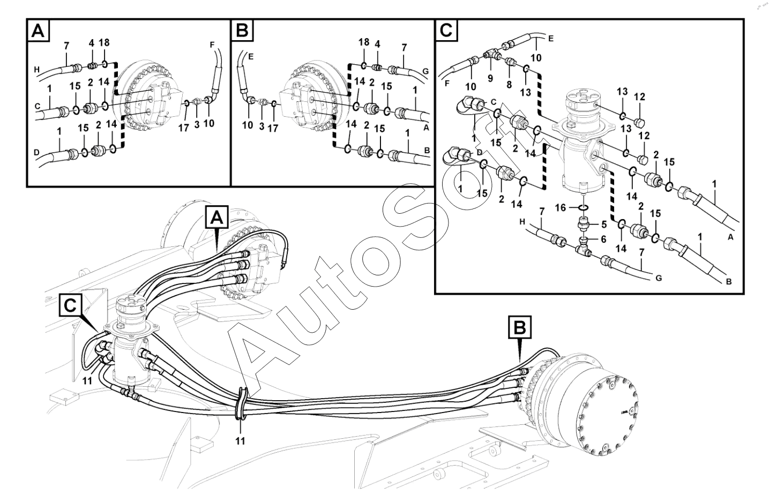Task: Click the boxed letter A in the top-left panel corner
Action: tap(38, 31)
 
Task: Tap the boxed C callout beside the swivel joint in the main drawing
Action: tap(71, 304)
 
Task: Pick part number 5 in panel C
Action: tap(603, 224)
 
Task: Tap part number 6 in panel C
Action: tap(603, 239)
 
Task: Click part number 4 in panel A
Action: tap(91, 43)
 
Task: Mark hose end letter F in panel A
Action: tap(212, 46)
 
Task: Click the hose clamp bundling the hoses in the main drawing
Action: tap(241, 403)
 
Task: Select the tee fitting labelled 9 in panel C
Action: tap(491, 54)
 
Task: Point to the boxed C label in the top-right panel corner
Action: tap(446, 31)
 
